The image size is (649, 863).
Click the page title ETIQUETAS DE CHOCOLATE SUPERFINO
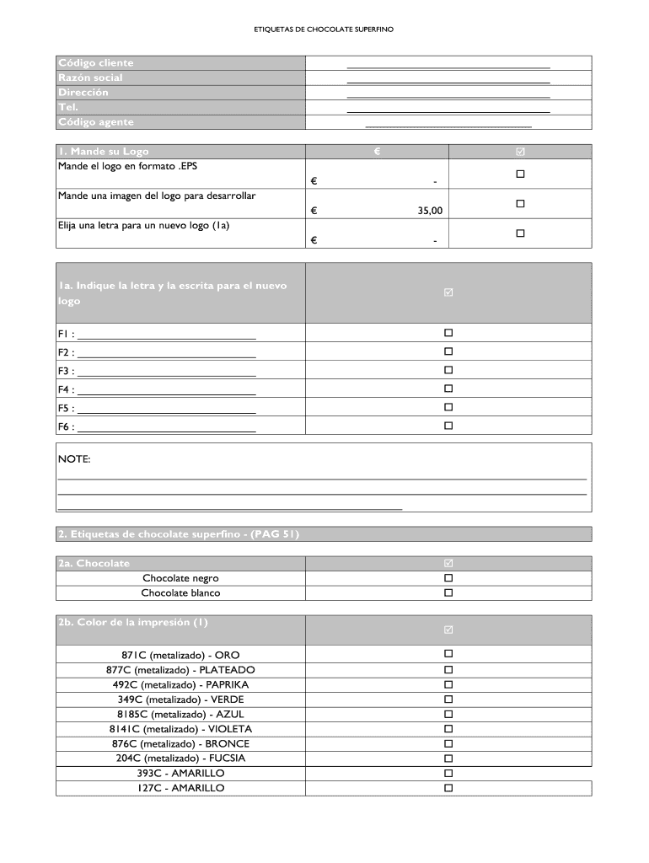point(324,29)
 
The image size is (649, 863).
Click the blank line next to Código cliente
point(448,66)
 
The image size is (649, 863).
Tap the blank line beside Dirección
point(448,96)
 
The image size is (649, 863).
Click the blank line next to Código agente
point(448,126)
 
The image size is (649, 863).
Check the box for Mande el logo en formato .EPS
point(520,174)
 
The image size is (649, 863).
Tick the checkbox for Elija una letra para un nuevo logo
point(520,233)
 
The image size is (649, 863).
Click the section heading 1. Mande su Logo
point(104,152)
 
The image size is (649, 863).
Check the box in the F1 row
point(448,333)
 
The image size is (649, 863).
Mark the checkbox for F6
point(448,426)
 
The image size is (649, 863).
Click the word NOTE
point(74,459)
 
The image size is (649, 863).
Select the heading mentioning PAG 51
point(179,534)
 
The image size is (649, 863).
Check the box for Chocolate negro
point(448,578)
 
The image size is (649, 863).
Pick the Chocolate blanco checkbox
point(448,592)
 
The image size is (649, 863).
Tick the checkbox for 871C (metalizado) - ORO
point(448,654)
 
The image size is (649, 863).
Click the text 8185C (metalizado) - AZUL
point(180,714)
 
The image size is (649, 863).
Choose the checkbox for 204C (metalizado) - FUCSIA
point(448,758)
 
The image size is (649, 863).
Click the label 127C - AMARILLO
point(180,788)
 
